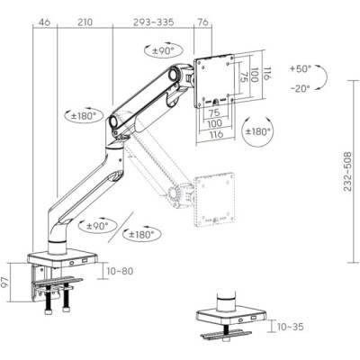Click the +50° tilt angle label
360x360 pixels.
[x=301, y=68]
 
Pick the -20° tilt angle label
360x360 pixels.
[x=301, y=87]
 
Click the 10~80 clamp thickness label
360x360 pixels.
[x=119, y=269]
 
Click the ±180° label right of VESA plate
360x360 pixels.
[x=258, y=131]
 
